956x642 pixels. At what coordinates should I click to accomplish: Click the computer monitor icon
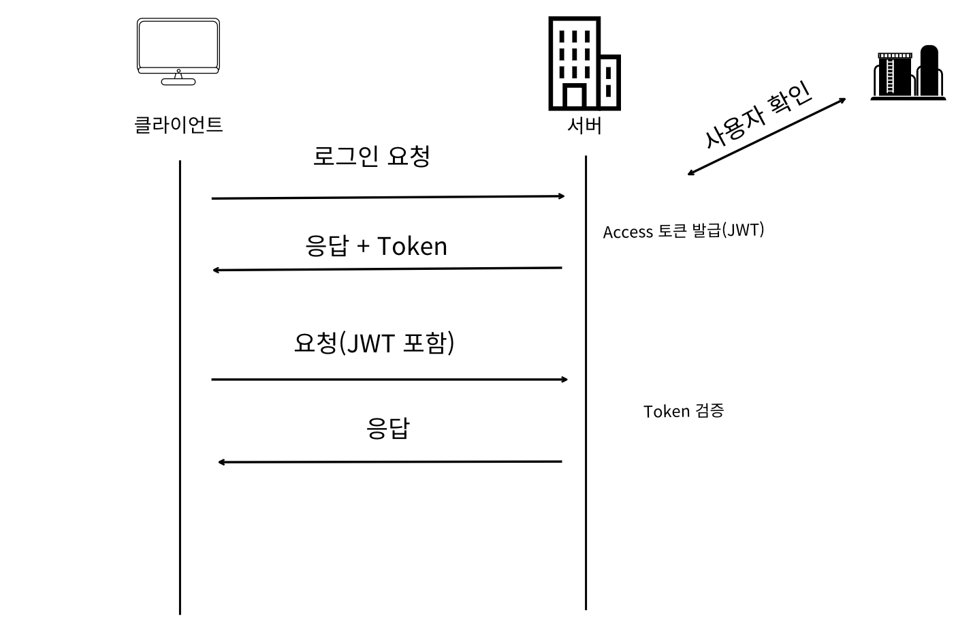[x=178, y=51]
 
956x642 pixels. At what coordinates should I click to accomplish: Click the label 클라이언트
[x=178, y=125]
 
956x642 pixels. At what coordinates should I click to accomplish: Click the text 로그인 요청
[x=371, y=156]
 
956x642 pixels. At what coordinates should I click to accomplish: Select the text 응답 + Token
[x=376, y=246]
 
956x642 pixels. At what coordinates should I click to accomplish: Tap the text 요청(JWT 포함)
[x=374, y=343]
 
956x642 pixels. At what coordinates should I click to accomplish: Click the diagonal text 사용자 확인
[x=757, y=115]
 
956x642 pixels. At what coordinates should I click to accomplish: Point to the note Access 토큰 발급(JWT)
[x=683, y=231]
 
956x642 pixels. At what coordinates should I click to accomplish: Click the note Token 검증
[x=683, y=411]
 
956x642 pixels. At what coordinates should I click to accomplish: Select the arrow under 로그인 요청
[x=388, y=198]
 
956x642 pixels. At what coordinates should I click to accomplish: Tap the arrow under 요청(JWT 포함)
[x=389, y=379]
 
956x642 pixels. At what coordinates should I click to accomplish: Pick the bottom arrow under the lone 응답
[x=389, y=462]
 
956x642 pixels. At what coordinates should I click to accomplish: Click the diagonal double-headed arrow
[x=767, y=137]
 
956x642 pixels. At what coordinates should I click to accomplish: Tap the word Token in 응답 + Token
[x=412, y=246]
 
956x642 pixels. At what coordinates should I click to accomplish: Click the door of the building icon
[x=575, y=97]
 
